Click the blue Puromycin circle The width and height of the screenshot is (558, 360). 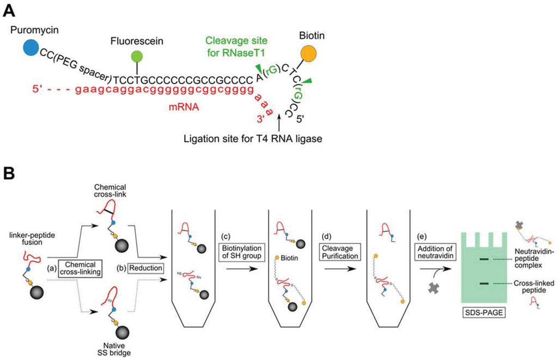(x=31, y=48)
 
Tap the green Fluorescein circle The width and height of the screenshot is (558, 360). (x=137, y=57)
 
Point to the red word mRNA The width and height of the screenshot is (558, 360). (x=181, y=108)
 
